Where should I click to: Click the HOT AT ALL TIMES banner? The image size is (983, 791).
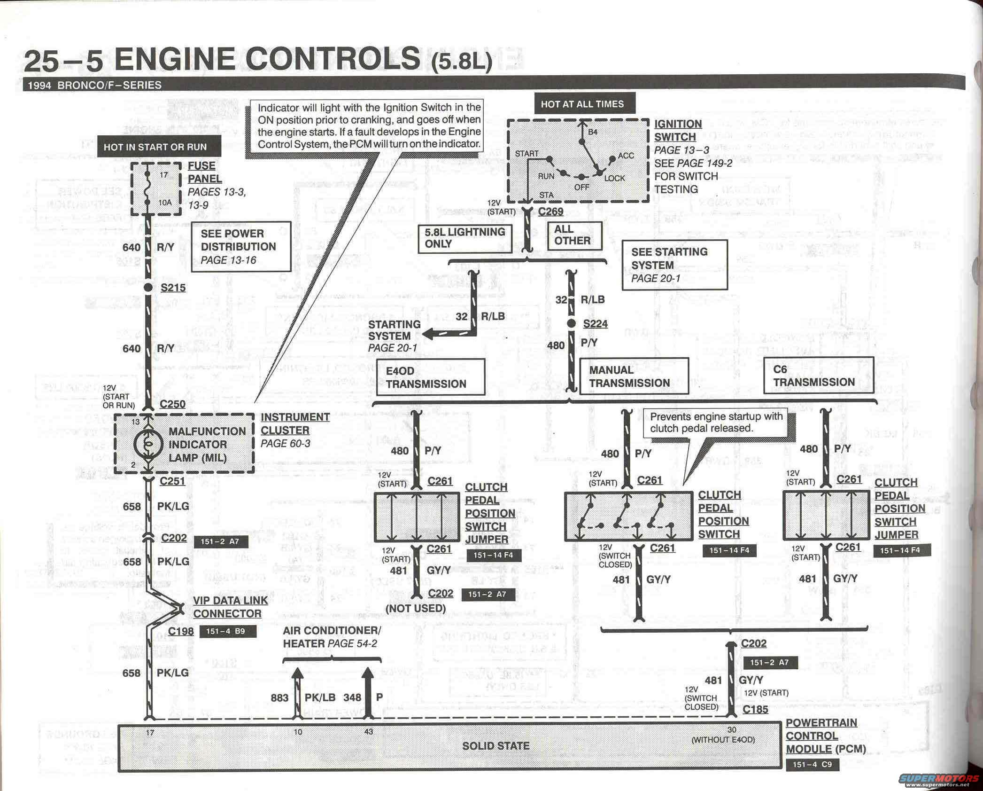[582, 104]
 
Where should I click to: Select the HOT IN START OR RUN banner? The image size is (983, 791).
[155, 147]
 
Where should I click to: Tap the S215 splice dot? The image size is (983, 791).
[148, 287]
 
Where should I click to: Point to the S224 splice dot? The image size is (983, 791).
[571, 323]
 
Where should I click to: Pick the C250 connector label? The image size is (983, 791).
[172, 404]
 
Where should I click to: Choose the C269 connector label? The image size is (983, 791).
[550, 211]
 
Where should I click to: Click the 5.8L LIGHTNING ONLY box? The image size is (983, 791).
[464, 238]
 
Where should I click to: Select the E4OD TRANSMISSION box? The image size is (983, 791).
[430, 377]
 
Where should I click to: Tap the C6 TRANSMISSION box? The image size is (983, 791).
[818, 376]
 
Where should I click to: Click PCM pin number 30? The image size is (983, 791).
[732, 730]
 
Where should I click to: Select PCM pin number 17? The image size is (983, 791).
[150, 732]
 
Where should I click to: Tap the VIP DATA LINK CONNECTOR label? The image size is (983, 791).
[230, 607]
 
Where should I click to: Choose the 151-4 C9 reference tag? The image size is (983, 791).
[812, 765]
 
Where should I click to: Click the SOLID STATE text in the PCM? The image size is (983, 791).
[495, 746]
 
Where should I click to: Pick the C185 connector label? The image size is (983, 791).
[755, 709]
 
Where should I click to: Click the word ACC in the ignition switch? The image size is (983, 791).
[626, 156]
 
